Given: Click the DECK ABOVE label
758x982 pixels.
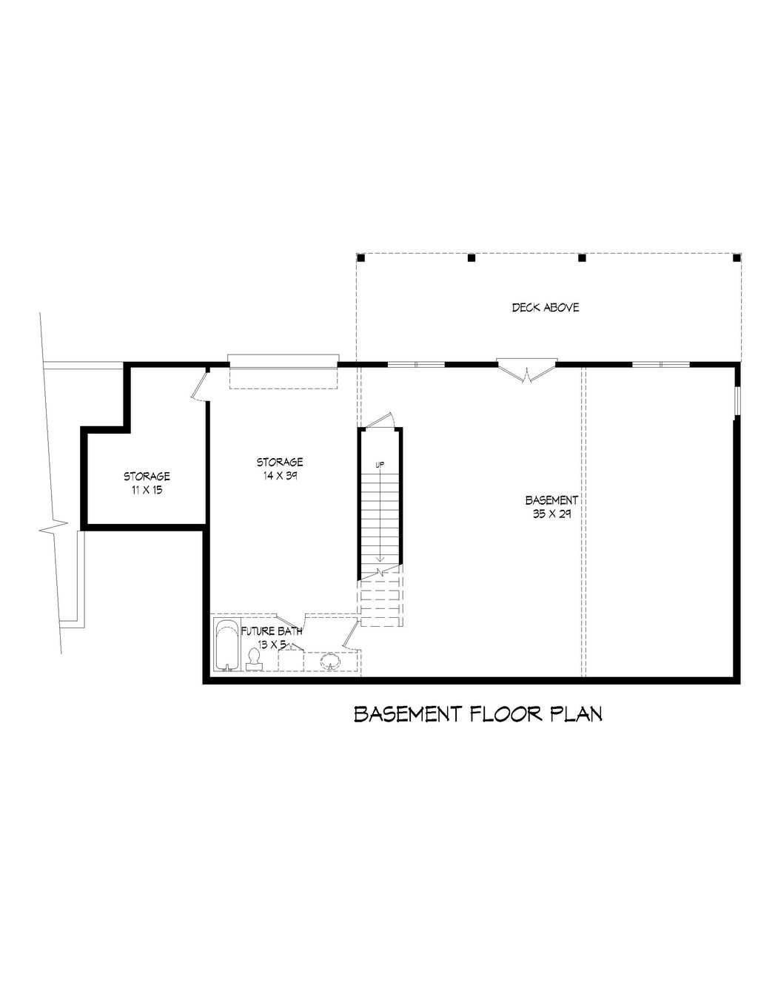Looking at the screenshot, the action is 545,308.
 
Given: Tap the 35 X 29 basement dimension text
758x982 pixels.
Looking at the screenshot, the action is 551,514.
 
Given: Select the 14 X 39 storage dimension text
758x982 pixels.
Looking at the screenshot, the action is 280,476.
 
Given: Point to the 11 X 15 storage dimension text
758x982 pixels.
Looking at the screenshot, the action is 147,490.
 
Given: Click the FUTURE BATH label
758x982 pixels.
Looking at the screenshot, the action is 271,631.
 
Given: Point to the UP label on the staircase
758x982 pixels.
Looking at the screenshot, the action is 380,464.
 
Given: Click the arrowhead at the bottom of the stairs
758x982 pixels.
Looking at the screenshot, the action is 380,559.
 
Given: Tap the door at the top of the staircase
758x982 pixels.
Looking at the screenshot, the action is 380,420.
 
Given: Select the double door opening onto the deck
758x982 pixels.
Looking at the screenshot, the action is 526,371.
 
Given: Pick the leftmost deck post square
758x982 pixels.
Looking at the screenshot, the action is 361,258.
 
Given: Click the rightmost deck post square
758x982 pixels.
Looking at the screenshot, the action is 737,258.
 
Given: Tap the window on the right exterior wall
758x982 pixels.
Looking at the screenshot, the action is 737,400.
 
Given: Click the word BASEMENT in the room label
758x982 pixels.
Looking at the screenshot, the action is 551,500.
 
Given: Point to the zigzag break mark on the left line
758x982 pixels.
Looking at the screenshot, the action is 54,527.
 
